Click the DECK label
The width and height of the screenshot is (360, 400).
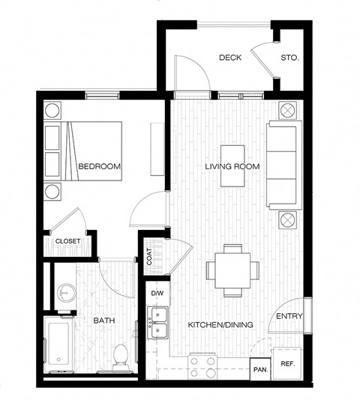tap(229, 58)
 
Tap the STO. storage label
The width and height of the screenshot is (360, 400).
tap(289, 58)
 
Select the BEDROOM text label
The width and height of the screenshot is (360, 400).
tap(100, 166)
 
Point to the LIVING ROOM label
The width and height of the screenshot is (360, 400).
tap(232, 166)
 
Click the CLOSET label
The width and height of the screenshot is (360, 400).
tap(68, 240)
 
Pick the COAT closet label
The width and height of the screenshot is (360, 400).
tap(150, 257)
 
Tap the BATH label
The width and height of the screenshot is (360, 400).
tap(103, 321)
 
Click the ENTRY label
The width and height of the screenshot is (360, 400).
tap(289, 316)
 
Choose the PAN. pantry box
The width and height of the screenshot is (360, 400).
tap(260, 369)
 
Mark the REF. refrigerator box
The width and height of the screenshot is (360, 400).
tap(287, 364)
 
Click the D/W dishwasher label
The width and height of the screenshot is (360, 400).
tap(157, 293)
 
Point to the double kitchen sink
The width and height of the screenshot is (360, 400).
tap(158, 327)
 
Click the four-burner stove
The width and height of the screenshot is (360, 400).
tap(202, 366)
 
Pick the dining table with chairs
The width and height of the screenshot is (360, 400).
tap(232, 269)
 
